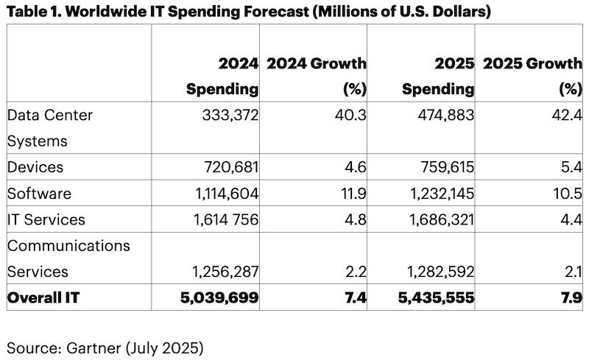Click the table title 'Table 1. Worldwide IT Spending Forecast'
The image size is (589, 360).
click(x=249, y=12)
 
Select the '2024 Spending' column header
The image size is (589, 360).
click(x=222, y=77)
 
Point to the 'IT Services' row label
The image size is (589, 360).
click(x=46, y=219)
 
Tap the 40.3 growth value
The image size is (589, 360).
click(x=352, y=116)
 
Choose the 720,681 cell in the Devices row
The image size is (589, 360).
click(x=228, y=168)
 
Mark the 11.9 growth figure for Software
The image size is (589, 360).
click(x=353, y=194)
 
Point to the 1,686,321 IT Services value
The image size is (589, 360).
click(x=437, y=219)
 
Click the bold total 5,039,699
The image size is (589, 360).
click(x=219, y=297)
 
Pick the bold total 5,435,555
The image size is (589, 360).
click(x=435, y=297)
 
